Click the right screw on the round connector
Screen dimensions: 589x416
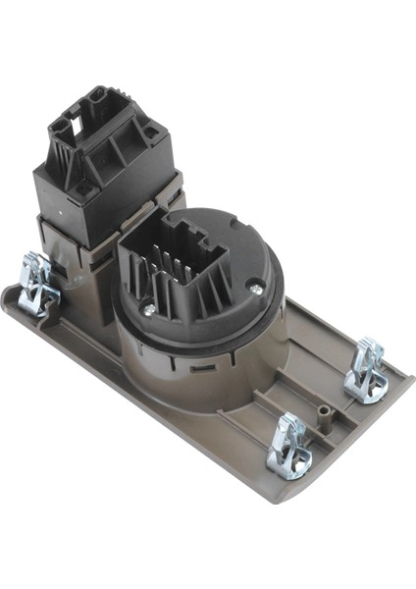pos(254,286)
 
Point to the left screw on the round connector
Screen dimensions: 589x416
pos(149,307)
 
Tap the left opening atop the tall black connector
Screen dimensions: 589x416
pos(63,123)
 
